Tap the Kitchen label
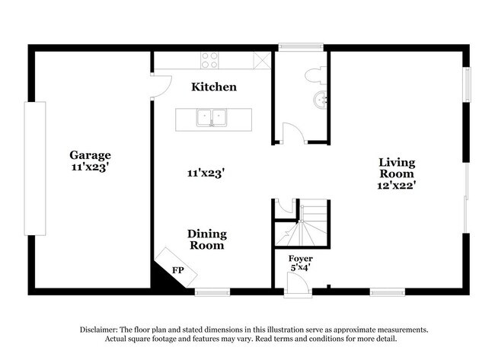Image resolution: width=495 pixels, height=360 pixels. tap(213, 87)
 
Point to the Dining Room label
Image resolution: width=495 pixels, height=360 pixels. tap(207, 240)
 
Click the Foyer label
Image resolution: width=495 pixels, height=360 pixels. tap(300, 259)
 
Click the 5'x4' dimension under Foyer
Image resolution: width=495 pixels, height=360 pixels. tap(300, 268)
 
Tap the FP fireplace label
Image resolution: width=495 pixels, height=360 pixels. tap(177, 270)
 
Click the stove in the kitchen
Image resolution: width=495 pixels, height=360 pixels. tap(210, 60)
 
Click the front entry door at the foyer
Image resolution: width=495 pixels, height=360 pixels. tap(298, 285)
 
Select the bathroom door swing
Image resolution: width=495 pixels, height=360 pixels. tap(293, 133)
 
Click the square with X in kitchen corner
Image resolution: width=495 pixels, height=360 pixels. tap(263, 60)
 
